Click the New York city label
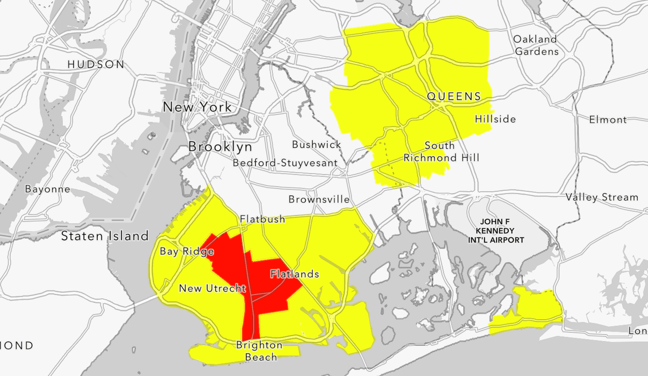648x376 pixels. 197,107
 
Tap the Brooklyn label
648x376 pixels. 220,147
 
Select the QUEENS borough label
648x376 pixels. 454,96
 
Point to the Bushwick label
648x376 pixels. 316,145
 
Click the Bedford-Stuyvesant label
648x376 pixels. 285,163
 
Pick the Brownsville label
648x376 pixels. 319,199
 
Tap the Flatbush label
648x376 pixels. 262,219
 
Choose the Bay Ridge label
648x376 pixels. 184,252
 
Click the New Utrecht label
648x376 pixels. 212,288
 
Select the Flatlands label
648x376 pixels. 295,274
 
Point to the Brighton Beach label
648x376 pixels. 260,351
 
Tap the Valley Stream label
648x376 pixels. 602,197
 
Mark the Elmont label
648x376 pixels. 607,120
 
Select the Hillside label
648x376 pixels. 495,119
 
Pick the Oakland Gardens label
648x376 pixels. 536,45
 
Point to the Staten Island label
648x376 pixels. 105,236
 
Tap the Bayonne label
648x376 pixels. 48,189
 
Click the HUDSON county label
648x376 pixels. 96,64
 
